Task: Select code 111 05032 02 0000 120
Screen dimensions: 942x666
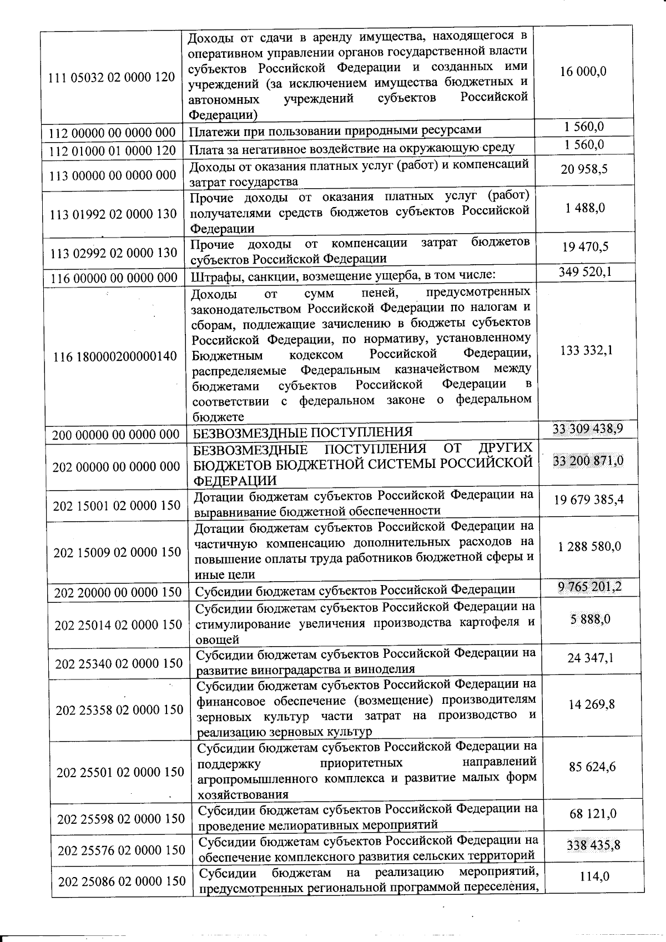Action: pyautogui.click(x=112, y=77)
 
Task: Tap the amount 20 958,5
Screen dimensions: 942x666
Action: pyautogui.click(x=584, y=169)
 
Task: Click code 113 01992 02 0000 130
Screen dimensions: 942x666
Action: pyautogui.click(x=113, y=214)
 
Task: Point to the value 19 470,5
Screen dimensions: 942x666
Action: pyautogui.click(x=585, y=247)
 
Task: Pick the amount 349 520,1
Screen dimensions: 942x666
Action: pyautogui.click(x=585, y=272)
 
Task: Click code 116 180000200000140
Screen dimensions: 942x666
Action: pyautogui.click(x=115, y=356)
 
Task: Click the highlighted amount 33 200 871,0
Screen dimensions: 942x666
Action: pyautogui.click(x=588, y=461)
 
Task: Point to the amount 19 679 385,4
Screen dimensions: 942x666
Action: pyautogui.click(x=588, y=499)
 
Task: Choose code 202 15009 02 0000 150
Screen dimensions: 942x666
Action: pyautogui.click(x=117, y=552)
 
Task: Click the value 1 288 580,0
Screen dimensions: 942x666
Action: pyautogui.click(x=589, y=546)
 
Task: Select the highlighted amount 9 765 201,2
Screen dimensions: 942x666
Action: pyautogui.click(x=590, y=587)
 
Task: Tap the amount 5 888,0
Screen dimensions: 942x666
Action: pyautogui.click(x=591, y=619)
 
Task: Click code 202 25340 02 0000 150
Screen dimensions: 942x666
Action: pyautogui.click(x=119, y=663)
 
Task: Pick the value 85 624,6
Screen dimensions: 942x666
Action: pyautogui.click(x=592, y=767)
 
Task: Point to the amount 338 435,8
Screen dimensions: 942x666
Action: pyautogui.click(x=593, y=845)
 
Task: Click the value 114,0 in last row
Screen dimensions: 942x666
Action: pyautogui.click(x=594, y=876)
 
